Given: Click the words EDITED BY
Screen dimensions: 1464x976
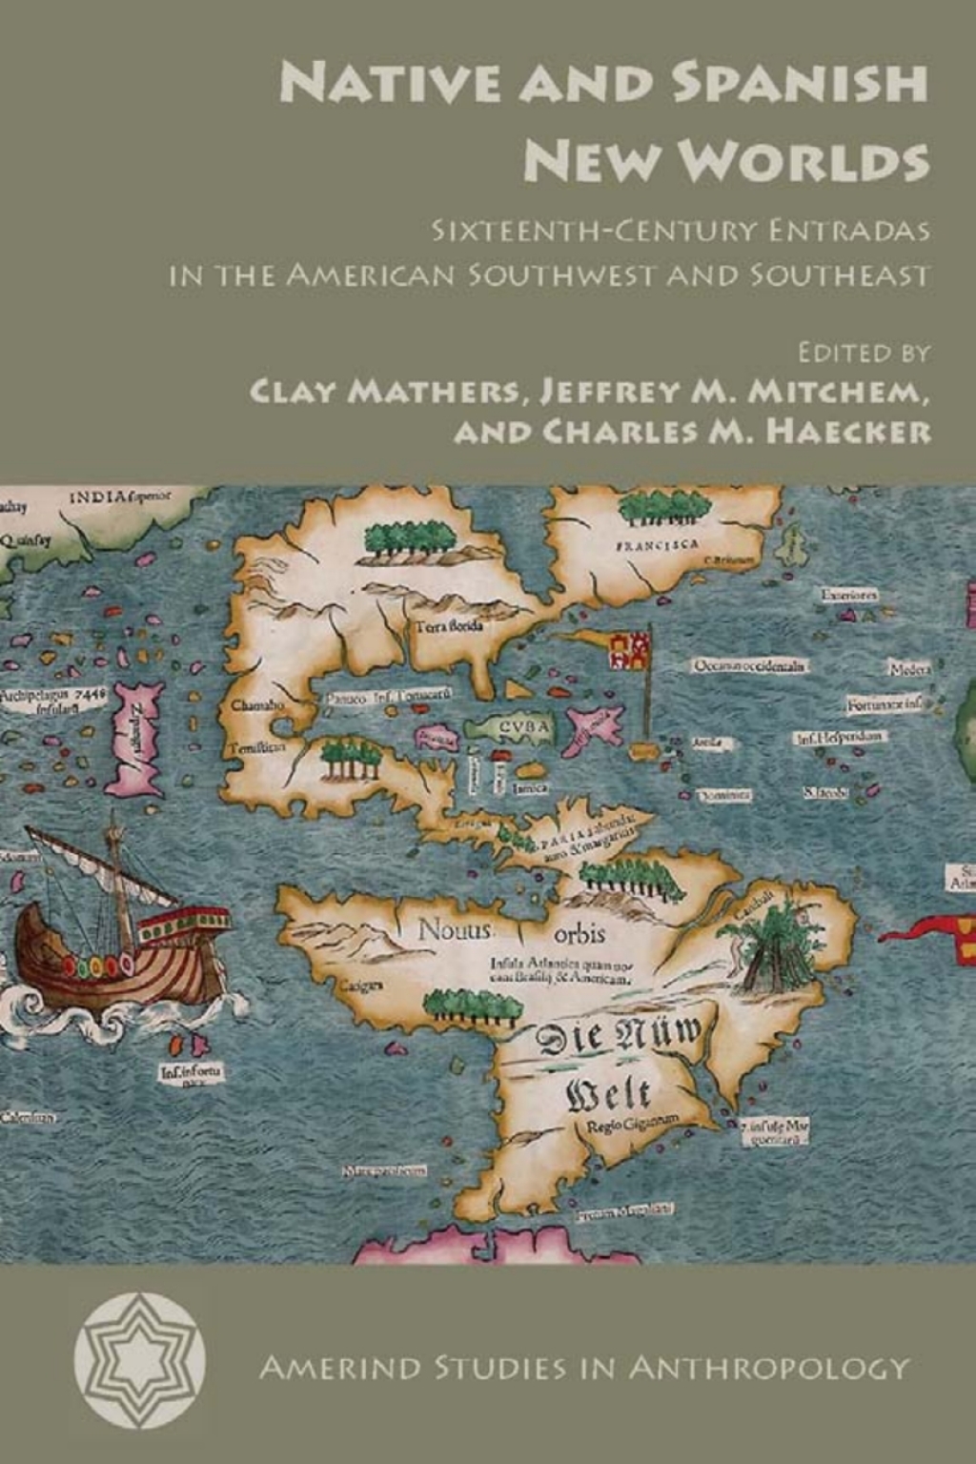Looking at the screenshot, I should click(864, 353).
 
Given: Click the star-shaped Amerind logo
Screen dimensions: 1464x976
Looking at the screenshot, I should click(140, 1360).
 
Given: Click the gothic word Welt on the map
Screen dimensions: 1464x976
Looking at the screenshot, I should click(610, 1093).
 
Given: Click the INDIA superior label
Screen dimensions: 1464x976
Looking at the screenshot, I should click(120, 497).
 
